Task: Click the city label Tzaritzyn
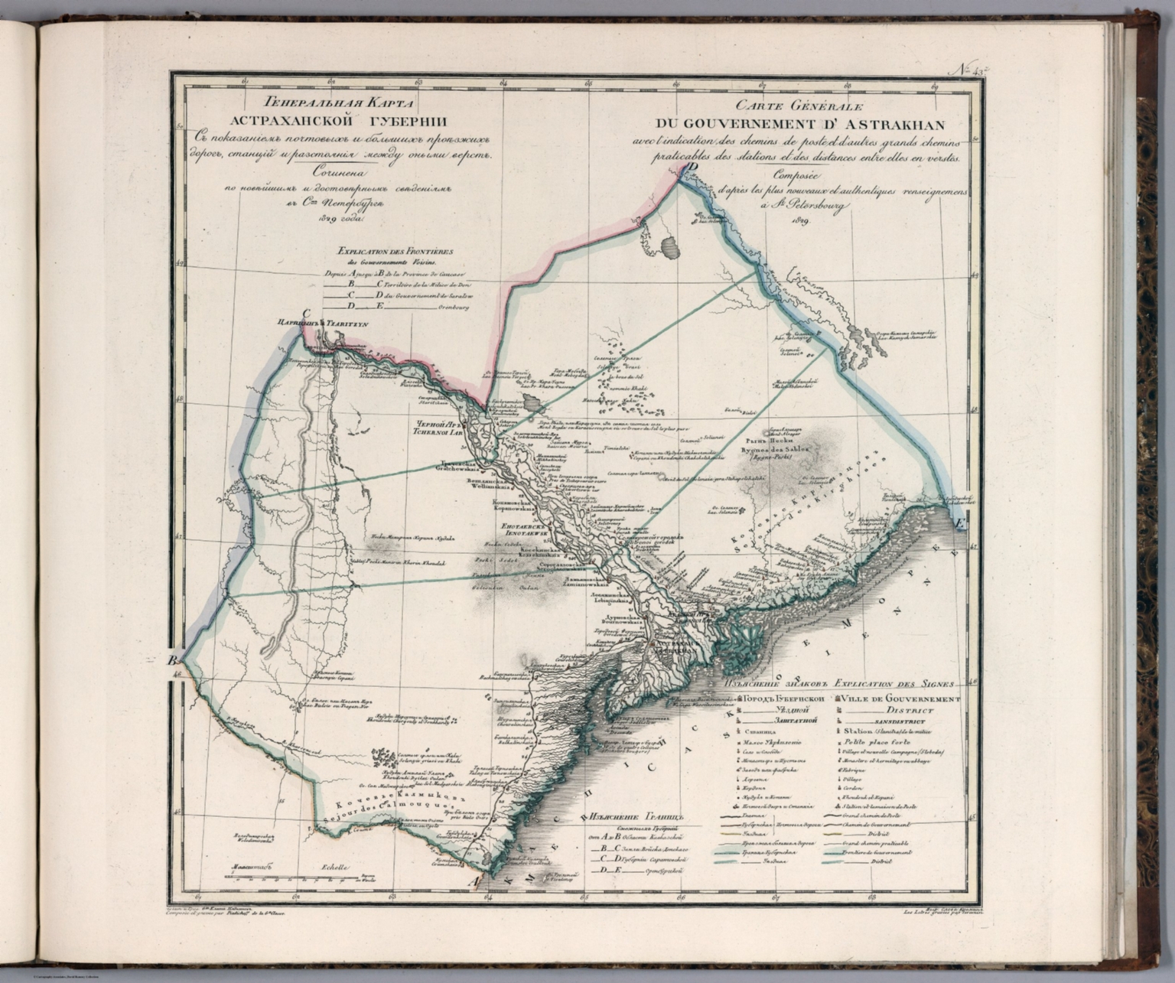[x=347, y=324]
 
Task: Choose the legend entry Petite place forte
[x=872, y=742]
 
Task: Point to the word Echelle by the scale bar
[x=335, y=867]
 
